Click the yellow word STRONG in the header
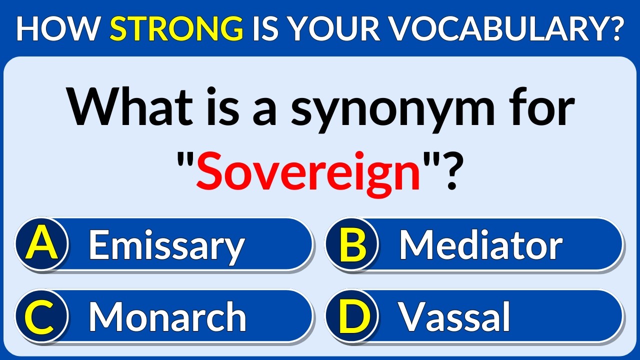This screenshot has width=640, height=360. (x=176, y=29)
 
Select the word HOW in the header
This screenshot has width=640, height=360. (x=59, y=29)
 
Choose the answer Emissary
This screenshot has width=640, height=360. (x=166, y=245)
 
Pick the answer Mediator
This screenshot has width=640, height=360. (x=480, y=245)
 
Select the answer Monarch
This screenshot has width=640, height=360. (x=167, y=317)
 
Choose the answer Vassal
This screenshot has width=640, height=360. (x=454, y=317)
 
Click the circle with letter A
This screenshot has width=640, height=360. (x=41, y=244)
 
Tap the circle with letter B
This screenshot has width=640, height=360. (x=351, y=244)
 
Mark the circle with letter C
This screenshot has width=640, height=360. (x=41, y=316)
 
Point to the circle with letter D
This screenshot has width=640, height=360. (x=351, y=316)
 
